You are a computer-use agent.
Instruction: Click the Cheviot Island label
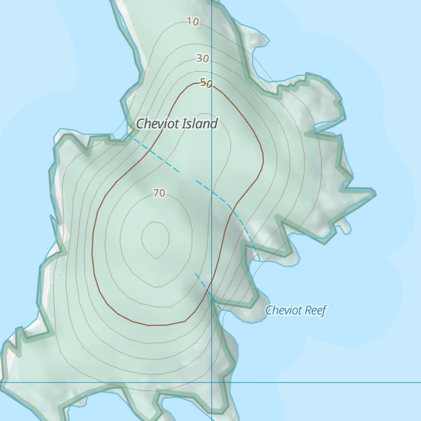click(176, 123)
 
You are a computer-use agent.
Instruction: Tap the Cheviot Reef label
click(296, 310)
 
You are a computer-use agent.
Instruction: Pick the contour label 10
click(193, 22)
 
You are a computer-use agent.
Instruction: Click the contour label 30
click(202, 59)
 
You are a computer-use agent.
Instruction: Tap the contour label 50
click(206, 83)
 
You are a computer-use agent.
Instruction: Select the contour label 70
click(159, 193)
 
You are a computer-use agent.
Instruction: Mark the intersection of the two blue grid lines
click(211, 382)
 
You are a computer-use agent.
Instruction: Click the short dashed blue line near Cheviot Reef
click(206, 286)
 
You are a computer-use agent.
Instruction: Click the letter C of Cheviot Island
click(141, 124)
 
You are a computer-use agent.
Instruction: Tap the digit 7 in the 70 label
click(156, 193)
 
